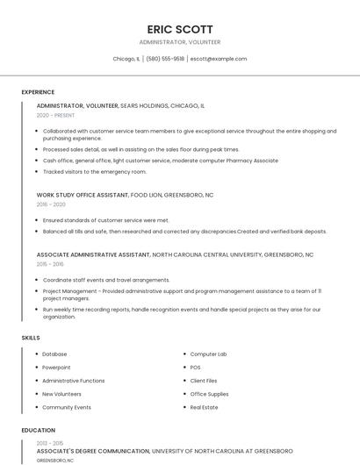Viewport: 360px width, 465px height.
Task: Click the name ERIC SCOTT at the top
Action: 180,29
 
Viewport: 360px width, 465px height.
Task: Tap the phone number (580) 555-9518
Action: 166,59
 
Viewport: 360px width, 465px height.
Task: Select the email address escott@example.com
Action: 219,59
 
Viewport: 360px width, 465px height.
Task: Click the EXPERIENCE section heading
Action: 38,92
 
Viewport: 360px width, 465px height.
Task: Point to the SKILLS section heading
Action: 31,338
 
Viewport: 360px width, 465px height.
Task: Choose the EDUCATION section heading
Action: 38,430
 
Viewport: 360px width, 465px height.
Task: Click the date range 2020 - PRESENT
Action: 56,115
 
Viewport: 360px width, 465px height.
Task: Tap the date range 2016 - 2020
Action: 51,204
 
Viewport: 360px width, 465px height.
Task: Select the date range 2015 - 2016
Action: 50,264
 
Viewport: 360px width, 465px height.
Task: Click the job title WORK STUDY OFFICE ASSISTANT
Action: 83,195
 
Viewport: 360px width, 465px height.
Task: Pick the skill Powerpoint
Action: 56,368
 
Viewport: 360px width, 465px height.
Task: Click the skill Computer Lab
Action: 208,354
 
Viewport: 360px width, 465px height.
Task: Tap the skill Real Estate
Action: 204,407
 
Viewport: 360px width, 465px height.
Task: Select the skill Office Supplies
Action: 209,394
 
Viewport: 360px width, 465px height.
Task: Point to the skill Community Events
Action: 67,407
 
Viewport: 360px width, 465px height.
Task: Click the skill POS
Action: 195,368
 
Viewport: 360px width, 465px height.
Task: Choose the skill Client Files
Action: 204,381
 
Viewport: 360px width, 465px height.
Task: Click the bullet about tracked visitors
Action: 95,172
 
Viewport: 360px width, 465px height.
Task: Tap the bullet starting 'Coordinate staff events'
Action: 106,280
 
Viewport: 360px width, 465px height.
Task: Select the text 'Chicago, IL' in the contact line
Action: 126,59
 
